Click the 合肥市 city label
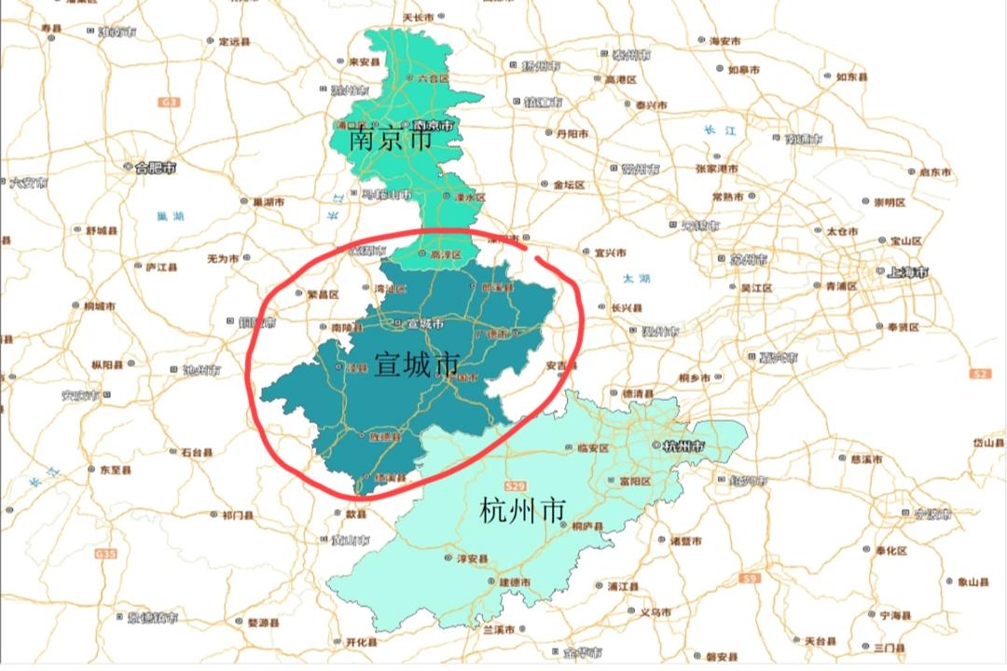(155, 168)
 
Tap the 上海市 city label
(907, 273)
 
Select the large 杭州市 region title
(522, 511)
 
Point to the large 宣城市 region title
(417, 364)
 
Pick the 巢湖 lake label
(171, 216)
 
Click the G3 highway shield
(169, 101)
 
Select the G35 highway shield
(106, 554)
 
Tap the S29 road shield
(515, 487)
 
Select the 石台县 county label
(197, 453)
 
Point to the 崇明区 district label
(890, 202)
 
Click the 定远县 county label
(235, 41)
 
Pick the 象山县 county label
(973, 582)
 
